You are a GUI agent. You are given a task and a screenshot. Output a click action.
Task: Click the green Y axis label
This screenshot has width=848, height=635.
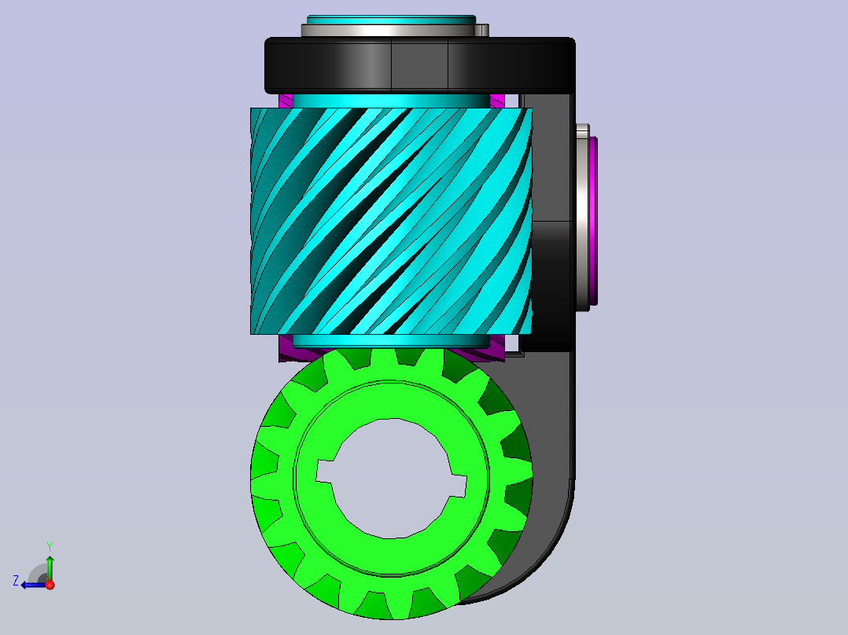(50, 547)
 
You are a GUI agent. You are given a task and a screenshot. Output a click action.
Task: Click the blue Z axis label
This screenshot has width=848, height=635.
(16, 581)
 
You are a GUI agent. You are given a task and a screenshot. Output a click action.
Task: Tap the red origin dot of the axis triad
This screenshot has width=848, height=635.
(50, 585)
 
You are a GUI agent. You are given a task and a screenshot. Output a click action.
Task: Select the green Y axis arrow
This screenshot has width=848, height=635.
(50, 568)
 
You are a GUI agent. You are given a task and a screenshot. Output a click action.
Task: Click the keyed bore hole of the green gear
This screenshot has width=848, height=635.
(390, 479)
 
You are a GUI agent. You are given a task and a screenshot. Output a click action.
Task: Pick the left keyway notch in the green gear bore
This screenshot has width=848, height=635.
(324, 472)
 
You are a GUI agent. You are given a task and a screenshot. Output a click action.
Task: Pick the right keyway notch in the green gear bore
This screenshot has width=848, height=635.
(457, 486)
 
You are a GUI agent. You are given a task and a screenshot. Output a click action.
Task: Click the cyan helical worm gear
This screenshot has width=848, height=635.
(392, 221)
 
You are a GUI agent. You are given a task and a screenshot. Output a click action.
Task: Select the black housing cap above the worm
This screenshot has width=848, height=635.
(420, 65)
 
